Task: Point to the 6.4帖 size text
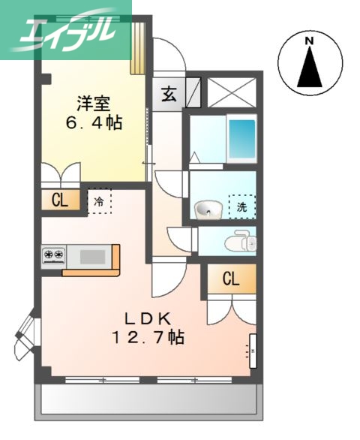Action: tap(92, 122)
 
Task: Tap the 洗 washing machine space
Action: tap(241, 206)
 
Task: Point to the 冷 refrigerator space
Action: tap(99, 200)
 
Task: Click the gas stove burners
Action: tap(53, 256)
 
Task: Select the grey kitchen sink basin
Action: tap(93, 256)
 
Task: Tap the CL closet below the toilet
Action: tap(230, 279)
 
